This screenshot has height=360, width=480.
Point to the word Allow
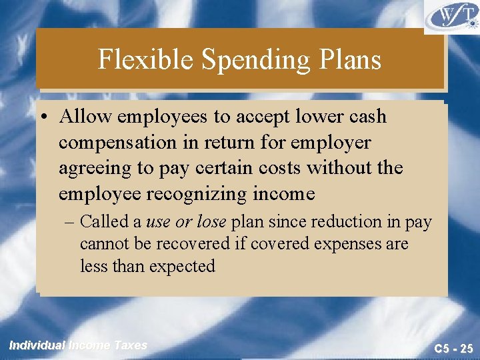click(x=85, y=117)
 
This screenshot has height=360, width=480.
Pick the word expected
click(x=182, y=267)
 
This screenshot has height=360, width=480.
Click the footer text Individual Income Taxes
click(x=78, y=345)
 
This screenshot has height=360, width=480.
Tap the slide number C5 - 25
click(x=453, y=347)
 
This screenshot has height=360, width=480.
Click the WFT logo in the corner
click(x=451, y=17)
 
